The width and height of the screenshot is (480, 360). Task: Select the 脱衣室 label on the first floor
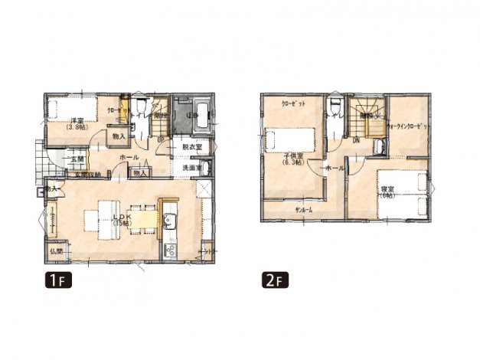coord(191,147)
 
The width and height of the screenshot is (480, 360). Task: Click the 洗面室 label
coord(191,168)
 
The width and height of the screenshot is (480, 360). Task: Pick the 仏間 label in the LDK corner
coord(56,250)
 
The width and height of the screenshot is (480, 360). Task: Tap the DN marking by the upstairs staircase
coord(357,140)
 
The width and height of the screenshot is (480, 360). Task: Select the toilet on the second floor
coord(335,106)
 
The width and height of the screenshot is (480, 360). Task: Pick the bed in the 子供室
coord(290,140)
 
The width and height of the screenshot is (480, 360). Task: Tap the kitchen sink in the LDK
coord(169,224)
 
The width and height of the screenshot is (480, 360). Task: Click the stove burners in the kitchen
coord(169,248)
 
